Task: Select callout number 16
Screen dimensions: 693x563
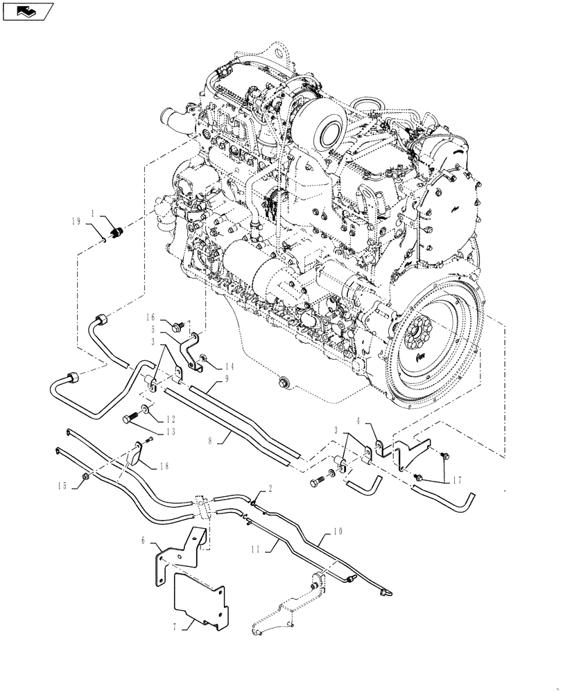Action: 150,317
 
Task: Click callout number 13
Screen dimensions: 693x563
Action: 170,431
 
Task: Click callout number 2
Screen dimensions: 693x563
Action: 269,488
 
